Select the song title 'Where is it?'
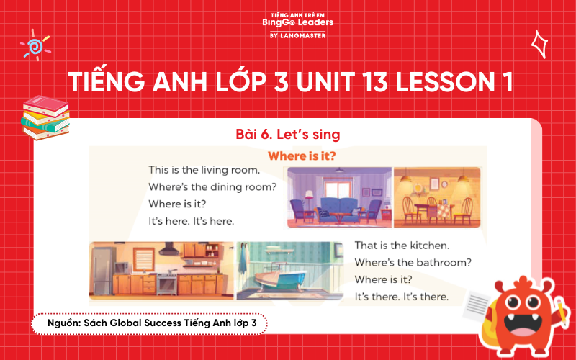pos(302,156)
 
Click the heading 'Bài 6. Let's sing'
pos(288,134)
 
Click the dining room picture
pos(437,197)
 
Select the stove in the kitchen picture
pos(166,282)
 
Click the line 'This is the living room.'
pos(204,171)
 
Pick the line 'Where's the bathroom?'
pos(413,262)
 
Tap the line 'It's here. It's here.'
pos(191,220)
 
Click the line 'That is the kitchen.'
pos(402,246)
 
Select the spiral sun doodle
pos(35,46)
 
